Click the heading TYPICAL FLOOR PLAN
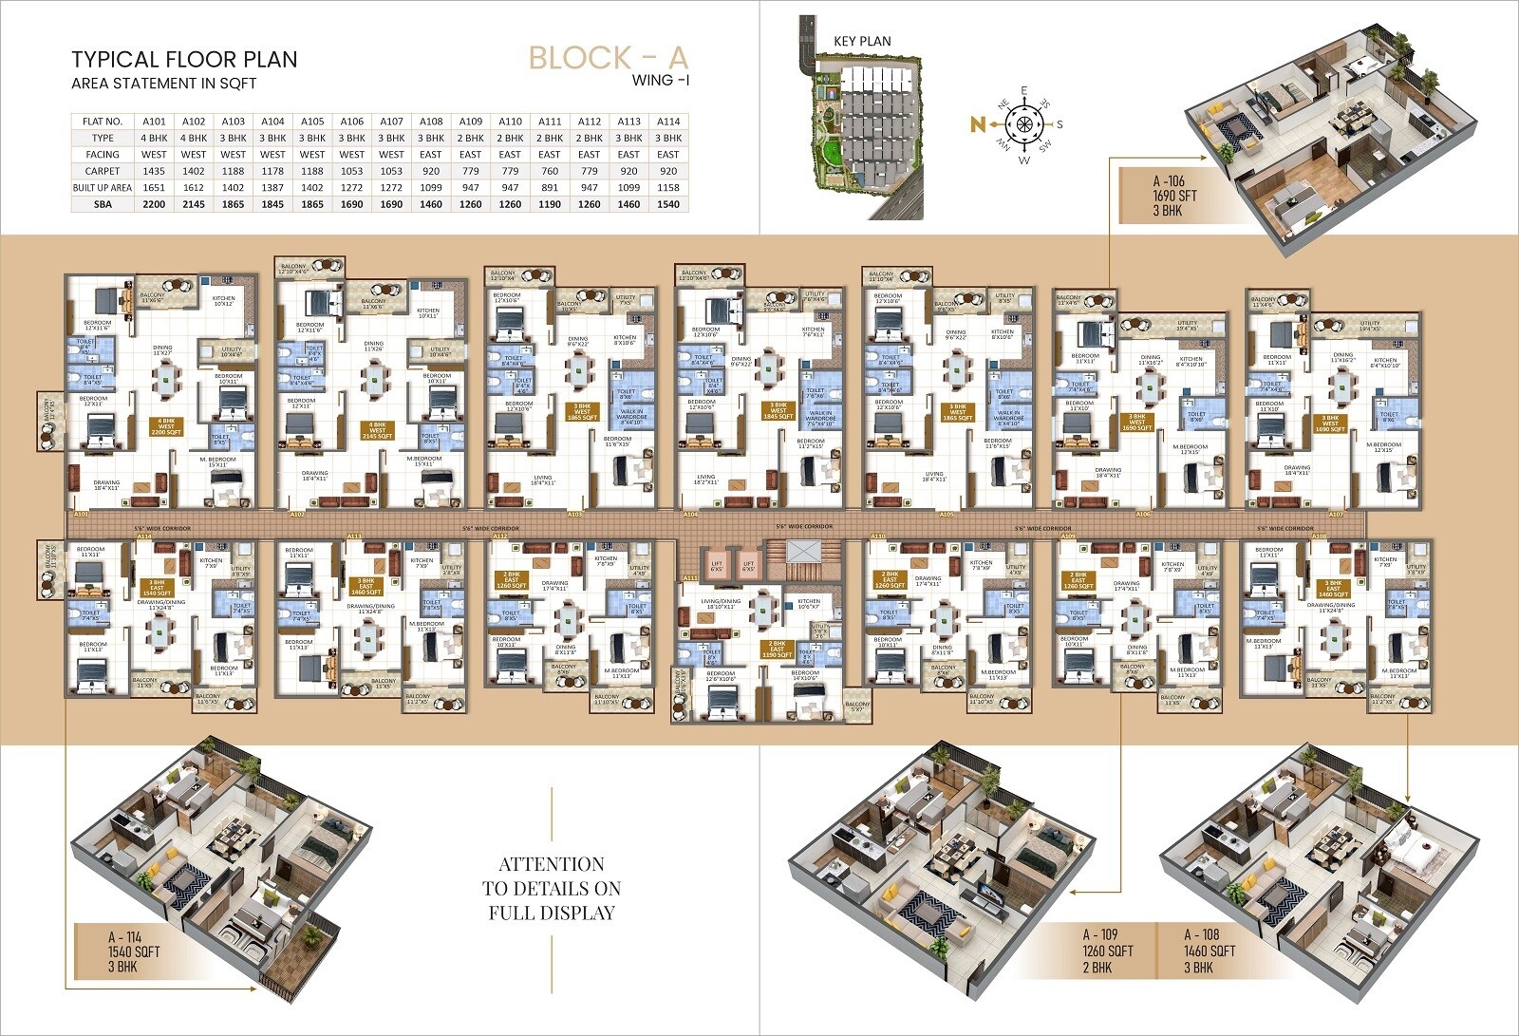pos(184,59)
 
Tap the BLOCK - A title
pos(608,57)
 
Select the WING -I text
pos(661,81)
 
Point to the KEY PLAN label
pos(862,41)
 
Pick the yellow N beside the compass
pos(977,123)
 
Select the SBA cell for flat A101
pos(154,204)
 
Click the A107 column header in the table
pos(391,122)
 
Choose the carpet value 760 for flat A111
pos(550,171)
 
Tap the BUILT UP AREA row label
pos(103,188)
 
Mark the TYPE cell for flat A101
pos(154,138)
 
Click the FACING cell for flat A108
pos(431,154)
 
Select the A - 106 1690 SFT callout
pos(1174,196)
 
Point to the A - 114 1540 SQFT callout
pos(133,951)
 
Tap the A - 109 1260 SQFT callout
pos(1108,951)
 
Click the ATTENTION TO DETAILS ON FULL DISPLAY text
pos(552,889)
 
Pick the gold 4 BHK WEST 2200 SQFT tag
pos(166,425)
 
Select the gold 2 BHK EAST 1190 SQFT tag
pos(778,649)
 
